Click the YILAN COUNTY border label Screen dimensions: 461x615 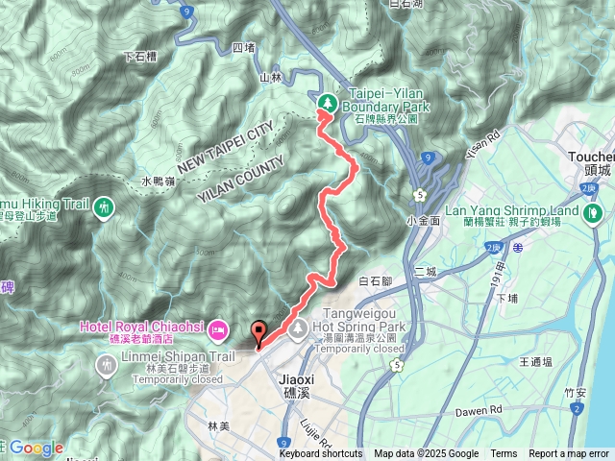243,170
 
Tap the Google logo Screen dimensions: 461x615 37,448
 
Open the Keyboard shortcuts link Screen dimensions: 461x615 321,454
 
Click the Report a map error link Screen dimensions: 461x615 569,454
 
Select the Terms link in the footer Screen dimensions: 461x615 504,454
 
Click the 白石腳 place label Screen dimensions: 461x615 376,281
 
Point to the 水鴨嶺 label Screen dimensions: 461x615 159,181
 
